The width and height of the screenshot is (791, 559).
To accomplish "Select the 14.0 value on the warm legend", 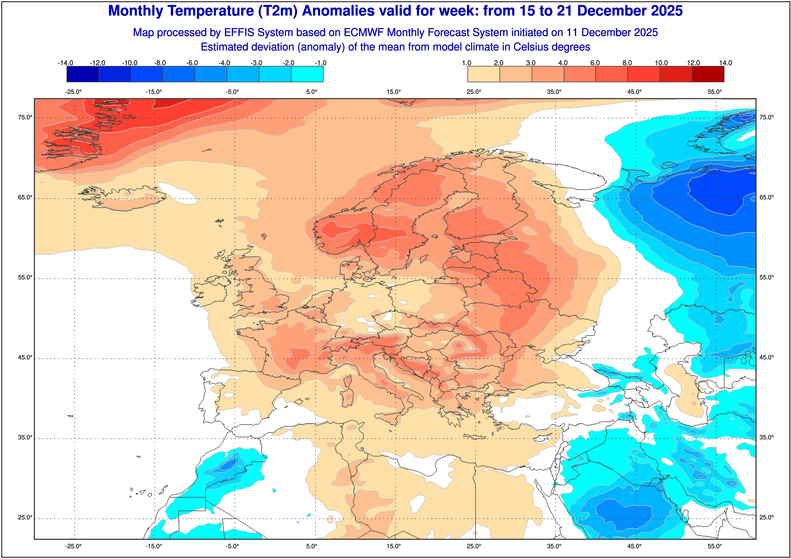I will tap(725, 63).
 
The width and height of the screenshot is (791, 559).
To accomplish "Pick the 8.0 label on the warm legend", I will tap(627, 63).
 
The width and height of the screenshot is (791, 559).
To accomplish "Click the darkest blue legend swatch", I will tap(83, 74).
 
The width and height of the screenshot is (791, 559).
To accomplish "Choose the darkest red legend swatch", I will tap(708, 74).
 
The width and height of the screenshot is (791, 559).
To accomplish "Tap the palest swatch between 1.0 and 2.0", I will tap(483, 74).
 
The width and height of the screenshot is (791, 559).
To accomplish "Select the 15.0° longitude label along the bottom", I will tap(394, 546).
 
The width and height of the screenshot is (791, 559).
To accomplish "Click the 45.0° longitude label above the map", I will tap(634, 92).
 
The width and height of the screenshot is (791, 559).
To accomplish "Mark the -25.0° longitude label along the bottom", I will tap(74, 546).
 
